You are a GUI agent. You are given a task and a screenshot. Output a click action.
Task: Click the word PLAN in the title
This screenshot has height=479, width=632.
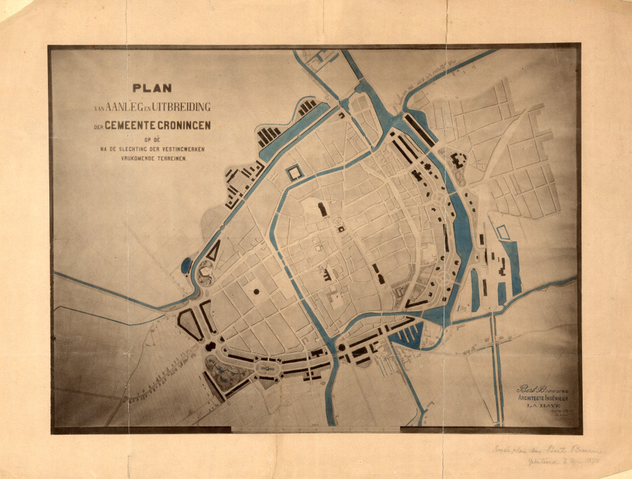(152, 88)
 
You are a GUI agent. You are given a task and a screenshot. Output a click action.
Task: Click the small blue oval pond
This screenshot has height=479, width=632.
(186, 265)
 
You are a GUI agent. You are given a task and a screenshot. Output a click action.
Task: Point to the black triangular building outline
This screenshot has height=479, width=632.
(214, 252)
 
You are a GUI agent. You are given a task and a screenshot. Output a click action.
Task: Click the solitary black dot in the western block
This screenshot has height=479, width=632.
(256, 291)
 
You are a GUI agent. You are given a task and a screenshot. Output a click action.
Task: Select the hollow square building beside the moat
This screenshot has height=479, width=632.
(295, 173)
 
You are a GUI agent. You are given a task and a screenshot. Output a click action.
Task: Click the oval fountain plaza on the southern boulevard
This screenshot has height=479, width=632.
(268, 367)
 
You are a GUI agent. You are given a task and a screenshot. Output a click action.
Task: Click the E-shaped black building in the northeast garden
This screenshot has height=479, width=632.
(456, 161)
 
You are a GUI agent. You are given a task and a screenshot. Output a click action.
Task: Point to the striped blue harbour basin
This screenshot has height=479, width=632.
(406, 334)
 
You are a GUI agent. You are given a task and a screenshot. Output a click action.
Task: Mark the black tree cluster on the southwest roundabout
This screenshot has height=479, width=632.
(210, 346)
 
